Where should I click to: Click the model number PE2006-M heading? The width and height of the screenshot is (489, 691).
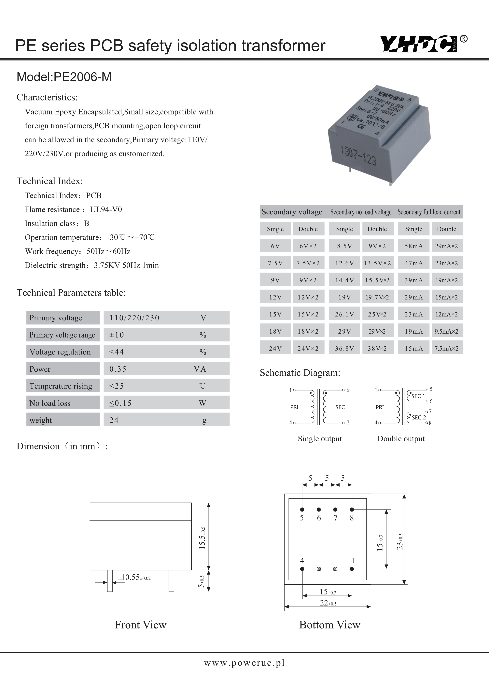(64, 77)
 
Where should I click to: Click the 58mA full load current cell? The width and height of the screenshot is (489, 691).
(413, 246)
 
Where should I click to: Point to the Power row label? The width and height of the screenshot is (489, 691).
(40, 369)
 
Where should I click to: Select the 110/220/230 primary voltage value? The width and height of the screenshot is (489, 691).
(134, 318)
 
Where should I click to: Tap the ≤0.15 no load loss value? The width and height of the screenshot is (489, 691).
(120, 403)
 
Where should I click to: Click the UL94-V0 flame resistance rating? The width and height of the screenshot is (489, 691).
(106, 209)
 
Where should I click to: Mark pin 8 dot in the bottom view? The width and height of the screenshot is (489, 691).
(352, 510)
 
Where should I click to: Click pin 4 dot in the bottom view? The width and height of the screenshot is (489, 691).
(302, 569)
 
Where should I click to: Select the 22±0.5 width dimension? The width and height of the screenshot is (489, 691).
(328, 603)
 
